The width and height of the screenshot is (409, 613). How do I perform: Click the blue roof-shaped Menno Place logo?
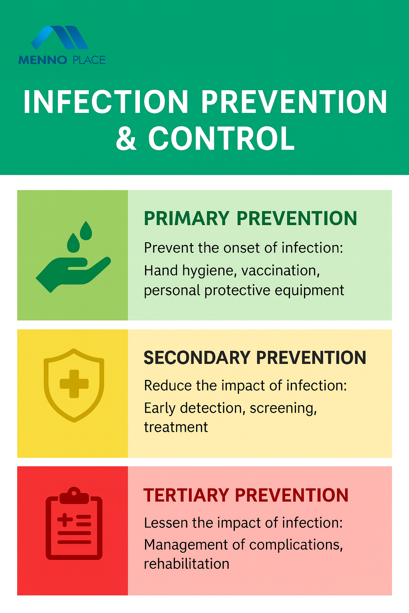tap(60, 38)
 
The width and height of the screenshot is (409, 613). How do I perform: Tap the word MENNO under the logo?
tap(43, 60)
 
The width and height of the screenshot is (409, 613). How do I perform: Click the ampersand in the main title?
tap(126, 138)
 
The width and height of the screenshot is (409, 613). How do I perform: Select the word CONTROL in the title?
tap(221, 138)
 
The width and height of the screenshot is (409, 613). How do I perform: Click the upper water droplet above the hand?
tap(86, 231)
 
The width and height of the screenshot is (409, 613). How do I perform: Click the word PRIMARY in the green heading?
tap(187, 218)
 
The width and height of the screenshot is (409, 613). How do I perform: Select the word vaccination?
tap(280, 270)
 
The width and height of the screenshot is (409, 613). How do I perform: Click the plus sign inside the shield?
tap(74, 384)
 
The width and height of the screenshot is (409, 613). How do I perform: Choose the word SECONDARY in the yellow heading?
tap(197, 358)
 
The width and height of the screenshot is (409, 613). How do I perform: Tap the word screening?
tap(283, 409)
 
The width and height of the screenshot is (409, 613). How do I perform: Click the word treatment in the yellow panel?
tap(176, 427)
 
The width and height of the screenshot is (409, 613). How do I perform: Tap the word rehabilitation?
tap(187, 564)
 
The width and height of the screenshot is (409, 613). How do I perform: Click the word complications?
tap(296, 545)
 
